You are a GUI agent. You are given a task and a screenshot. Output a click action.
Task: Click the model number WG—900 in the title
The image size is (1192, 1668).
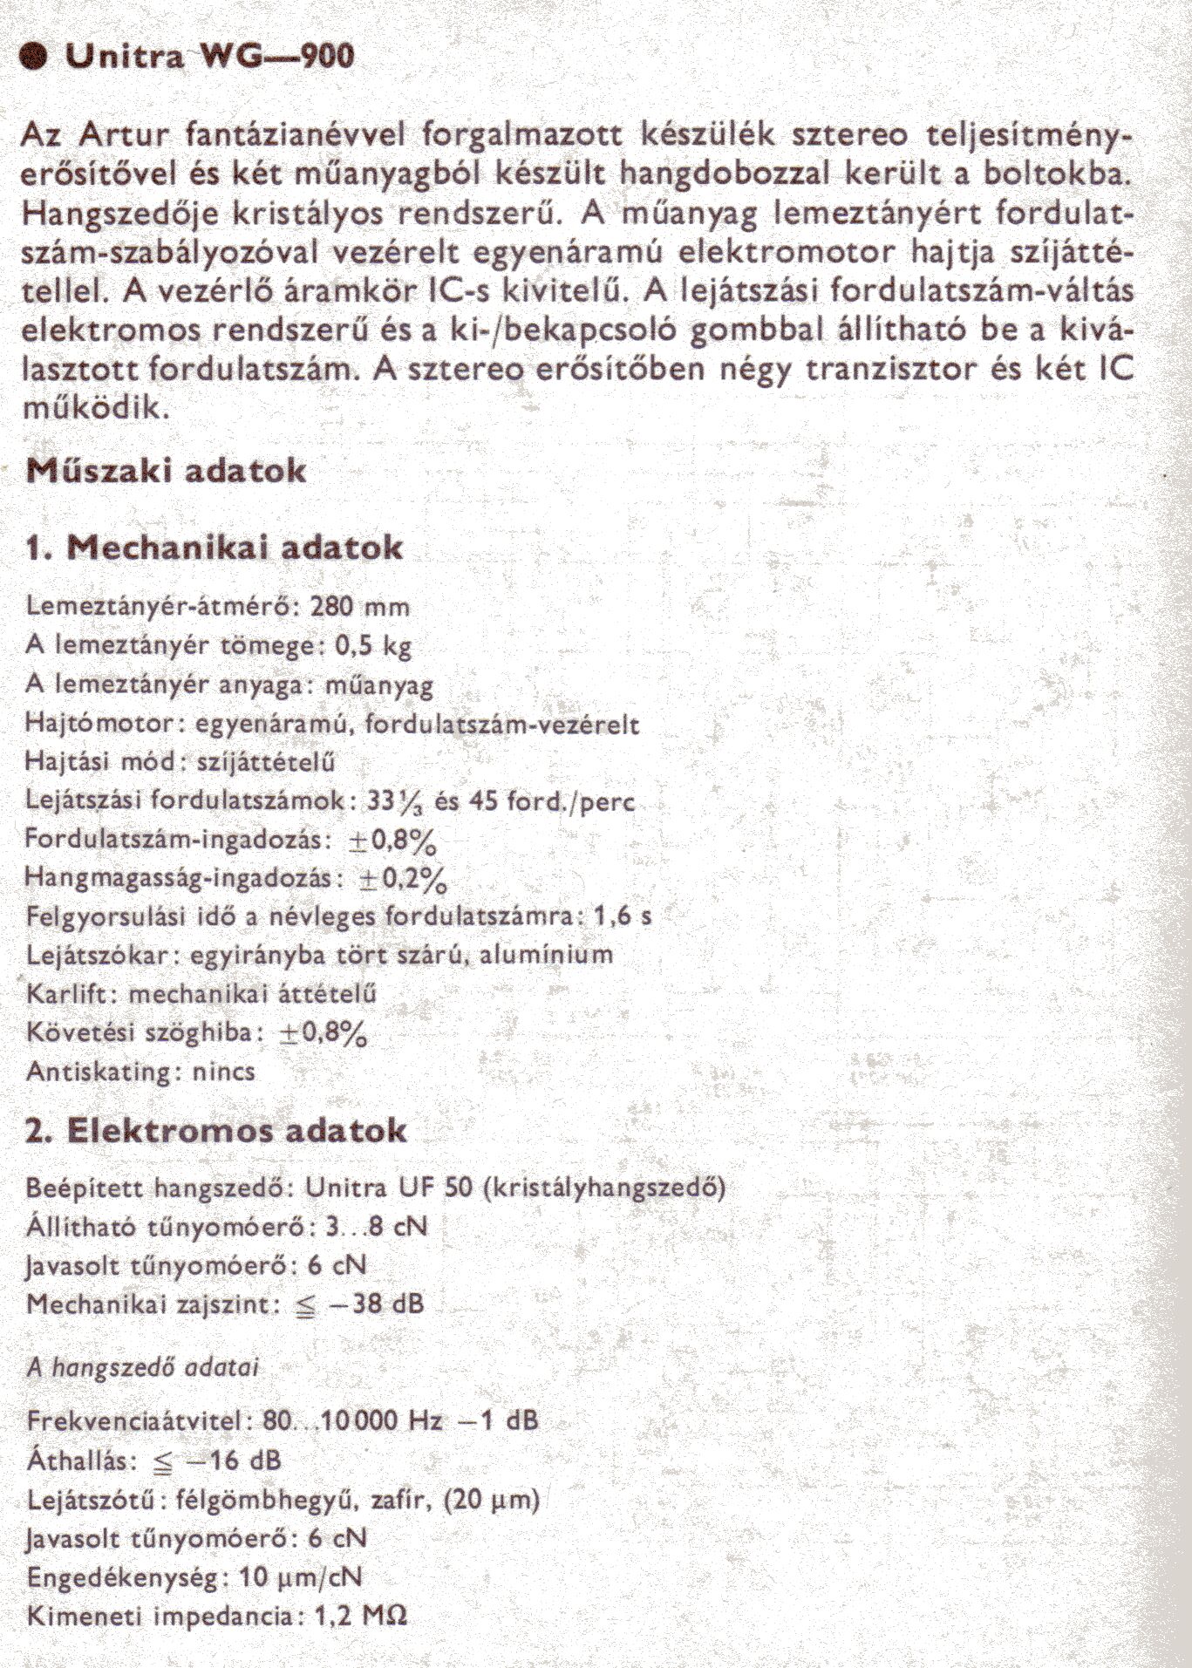[x=277, y=57]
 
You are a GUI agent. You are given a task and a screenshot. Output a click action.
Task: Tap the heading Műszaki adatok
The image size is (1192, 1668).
[x=167, y=471]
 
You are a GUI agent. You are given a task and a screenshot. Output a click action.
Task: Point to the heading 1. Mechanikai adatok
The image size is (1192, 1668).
[x=215, y=548]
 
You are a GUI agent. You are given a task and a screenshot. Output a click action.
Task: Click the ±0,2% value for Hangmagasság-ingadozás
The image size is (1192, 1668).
[x=403, y=879]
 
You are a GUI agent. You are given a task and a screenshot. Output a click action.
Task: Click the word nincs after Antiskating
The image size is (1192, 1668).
[x=226, y=1071]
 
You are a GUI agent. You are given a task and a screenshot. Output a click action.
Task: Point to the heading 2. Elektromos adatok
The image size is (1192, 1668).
[x=216, y=1131]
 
